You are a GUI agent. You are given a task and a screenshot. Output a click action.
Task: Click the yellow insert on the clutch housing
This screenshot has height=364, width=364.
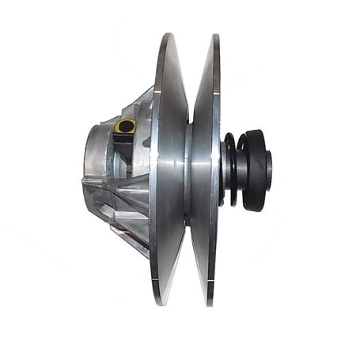pos(123,126)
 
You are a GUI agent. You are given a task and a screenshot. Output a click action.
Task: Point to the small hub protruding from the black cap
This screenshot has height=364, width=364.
pos(270,168)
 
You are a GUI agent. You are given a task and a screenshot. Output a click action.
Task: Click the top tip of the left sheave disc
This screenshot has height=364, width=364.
pos(169,35)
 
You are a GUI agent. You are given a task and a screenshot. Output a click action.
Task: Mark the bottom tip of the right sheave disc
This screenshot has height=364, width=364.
pos(211,304)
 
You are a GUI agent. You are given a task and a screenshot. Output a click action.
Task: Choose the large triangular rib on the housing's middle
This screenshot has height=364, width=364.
pos(131,190)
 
